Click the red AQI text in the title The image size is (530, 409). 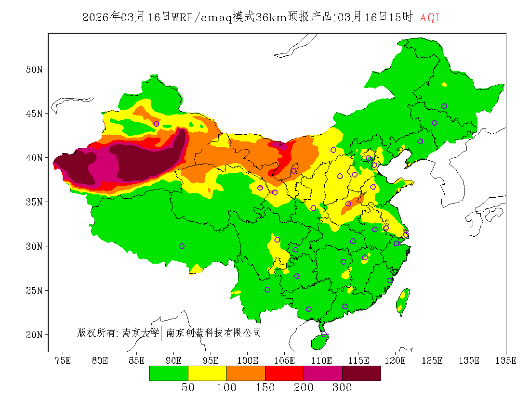point(430,18)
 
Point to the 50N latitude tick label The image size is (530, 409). point(34,69)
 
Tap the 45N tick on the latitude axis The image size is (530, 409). point(34,114)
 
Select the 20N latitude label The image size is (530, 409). point(34,334)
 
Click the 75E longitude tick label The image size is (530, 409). point(63,360)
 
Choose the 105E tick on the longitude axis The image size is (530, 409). point(284,360)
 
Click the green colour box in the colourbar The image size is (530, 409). point(169,373)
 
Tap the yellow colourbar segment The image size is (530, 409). point(207,373)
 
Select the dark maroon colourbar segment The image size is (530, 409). point(361,373)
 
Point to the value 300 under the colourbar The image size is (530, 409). point(342,388)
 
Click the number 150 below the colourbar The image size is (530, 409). point(265,388)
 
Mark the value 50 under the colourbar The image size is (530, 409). point(188,388)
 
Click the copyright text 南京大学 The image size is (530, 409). point(140,332)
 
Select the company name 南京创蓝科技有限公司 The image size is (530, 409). point(213,332)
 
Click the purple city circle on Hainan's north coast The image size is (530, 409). point(324,334)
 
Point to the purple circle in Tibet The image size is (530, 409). point(182,246)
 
